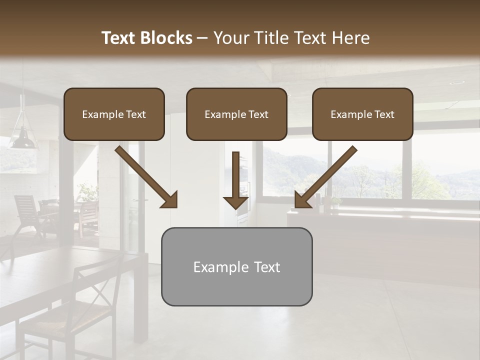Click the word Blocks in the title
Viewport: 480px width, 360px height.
click(166, 38)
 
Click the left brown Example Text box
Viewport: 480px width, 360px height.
click(114, 114)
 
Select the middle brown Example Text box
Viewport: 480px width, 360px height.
click(236, 114)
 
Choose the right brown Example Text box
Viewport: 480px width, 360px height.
click(362, 114)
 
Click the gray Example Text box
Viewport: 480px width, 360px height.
click(236, 267)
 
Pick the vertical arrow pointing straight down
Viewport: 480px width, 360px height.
click(235, 180)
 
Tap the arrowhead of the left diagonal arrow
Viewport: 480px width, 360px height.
click(169, 199)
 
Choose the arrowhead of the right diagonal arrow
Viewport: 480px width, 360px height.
click(303, 199)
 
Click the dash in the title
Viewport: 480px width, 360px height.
click(203, 38)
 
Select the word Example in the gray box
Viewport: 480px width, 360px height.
click(220, 267)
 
